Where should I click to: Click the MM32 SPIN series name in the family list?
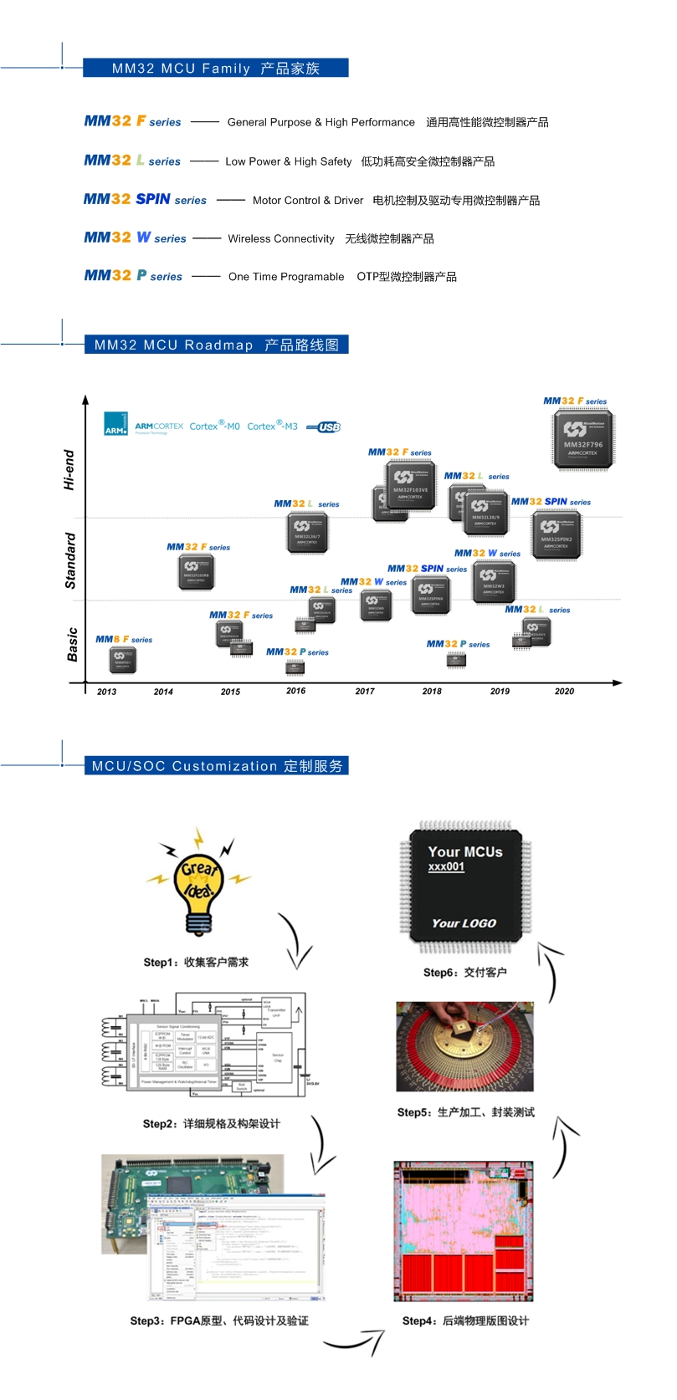click(145, 199)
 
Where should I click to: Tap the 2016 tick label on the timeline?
click(295, 691)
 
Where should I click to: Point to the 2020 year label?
click(564, 692)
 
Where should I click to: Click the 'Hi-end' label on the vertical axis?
click(69, 469)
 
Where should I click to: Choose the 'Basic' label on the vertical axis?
click(73, 644)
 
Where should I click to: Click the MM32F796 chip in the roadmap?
click(583, 439)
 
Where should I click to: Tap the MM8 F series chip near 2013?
click(122, 660)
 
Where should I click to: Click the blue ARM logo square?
click(115, 424)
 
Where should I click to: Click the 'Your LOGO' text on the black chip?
click(464, 923)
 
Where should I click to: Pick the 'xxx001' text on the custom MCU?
click(446, 867)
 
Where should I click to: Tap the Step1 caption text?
click(196, 963)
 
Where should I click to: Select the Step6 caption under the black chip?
click(464, 973)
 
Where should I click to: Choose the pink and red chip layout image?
click(464, 1230)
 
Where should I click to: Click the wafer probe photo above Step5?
click(464, 1046)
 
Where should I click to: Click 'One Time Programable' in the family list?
click(286, 277)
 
